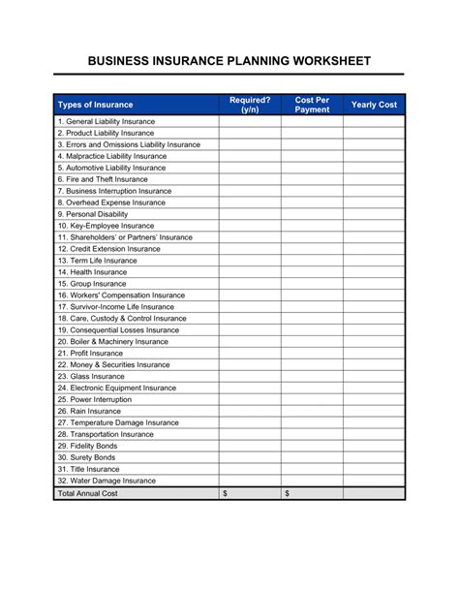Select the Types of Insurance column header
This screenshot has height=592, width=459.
point(95,104)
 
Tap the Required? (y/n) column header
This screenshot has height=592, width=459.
point(250,104)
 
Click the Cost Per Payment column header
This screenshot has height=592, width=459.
point(312,104)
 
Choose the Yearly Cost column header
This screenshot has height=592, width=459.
point(374,104)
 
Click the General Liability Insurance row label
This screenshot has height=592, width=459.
point(106,121)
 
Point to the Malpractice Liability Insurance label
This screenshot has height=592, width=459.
point(111,156)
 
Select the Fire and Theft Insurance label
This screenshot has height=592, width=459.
point(102,179)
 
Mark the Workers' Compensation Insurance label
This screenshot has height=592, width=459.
point(120,296)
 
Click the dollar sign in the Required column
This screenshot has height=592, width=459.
point(226,494)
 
